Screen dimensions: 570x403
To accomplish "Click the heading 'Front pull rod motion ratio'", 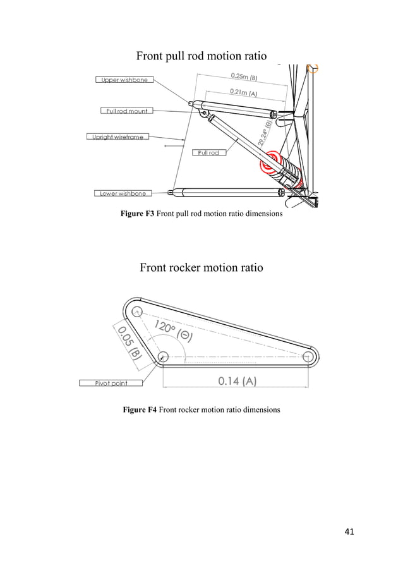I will point(201,56).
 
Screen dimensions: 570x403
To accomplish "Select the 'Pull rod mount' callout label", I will point(126,111).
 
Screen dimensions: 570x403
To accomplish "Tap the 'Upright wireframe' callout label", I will point(118,136).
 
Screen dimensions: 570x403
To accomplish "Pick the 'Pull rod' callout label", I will point(208,153).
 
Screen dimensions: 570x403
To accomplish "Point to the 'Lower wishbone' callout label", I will point(123,193).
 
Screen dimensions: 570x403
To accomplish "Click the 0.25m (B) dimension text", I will point(243,76).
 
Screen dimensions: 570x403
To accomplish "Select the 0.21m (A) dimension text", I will point(243,92).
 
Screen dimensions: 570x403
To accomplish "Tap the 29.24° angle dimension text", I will point(265,130).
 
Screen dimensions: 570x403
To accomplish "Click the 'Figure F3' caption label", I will point(137,214).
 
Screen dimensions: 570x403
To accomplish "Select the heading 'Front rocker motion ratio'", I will point(201,267).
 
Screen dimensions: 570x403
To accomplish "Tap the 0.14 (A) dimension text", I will point(237,381).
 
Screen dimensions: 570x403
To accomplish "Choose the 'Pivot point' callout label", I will point(111,383).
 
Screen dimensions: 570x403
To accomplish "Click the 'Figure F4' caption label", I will point(140,410).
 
